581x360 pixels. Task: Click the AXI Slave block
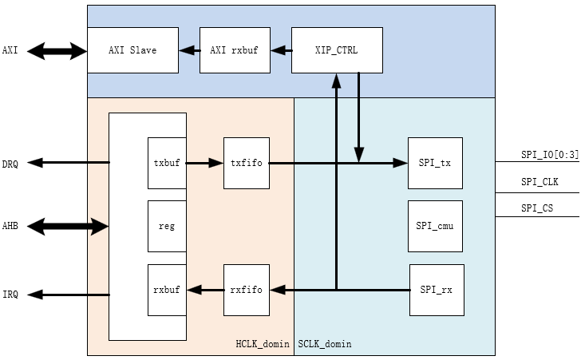132,50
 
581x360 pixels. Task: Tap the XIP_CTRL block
337,50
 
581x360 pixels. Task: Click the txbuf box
167,163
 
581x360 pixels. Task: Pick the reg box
167,226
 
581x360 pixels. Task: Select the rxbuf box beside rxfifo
167,290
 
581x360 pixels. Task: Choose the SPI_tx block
435,163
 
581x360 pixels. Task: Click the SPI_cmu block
435,226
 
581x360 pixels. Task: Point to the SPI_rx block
436,290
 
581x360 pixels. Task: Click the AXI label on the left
10,51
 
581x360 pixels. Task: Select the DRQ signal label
10,164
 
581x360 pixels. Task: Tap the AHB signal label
10,227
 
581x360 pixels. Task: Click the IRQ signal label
10,295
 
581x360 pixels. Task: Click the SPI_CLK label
539,182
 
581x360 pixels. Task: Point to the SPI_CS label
537,208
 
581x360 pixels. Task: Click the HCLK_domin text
263,344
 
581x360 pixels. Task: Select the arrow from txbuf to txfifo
205,163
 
